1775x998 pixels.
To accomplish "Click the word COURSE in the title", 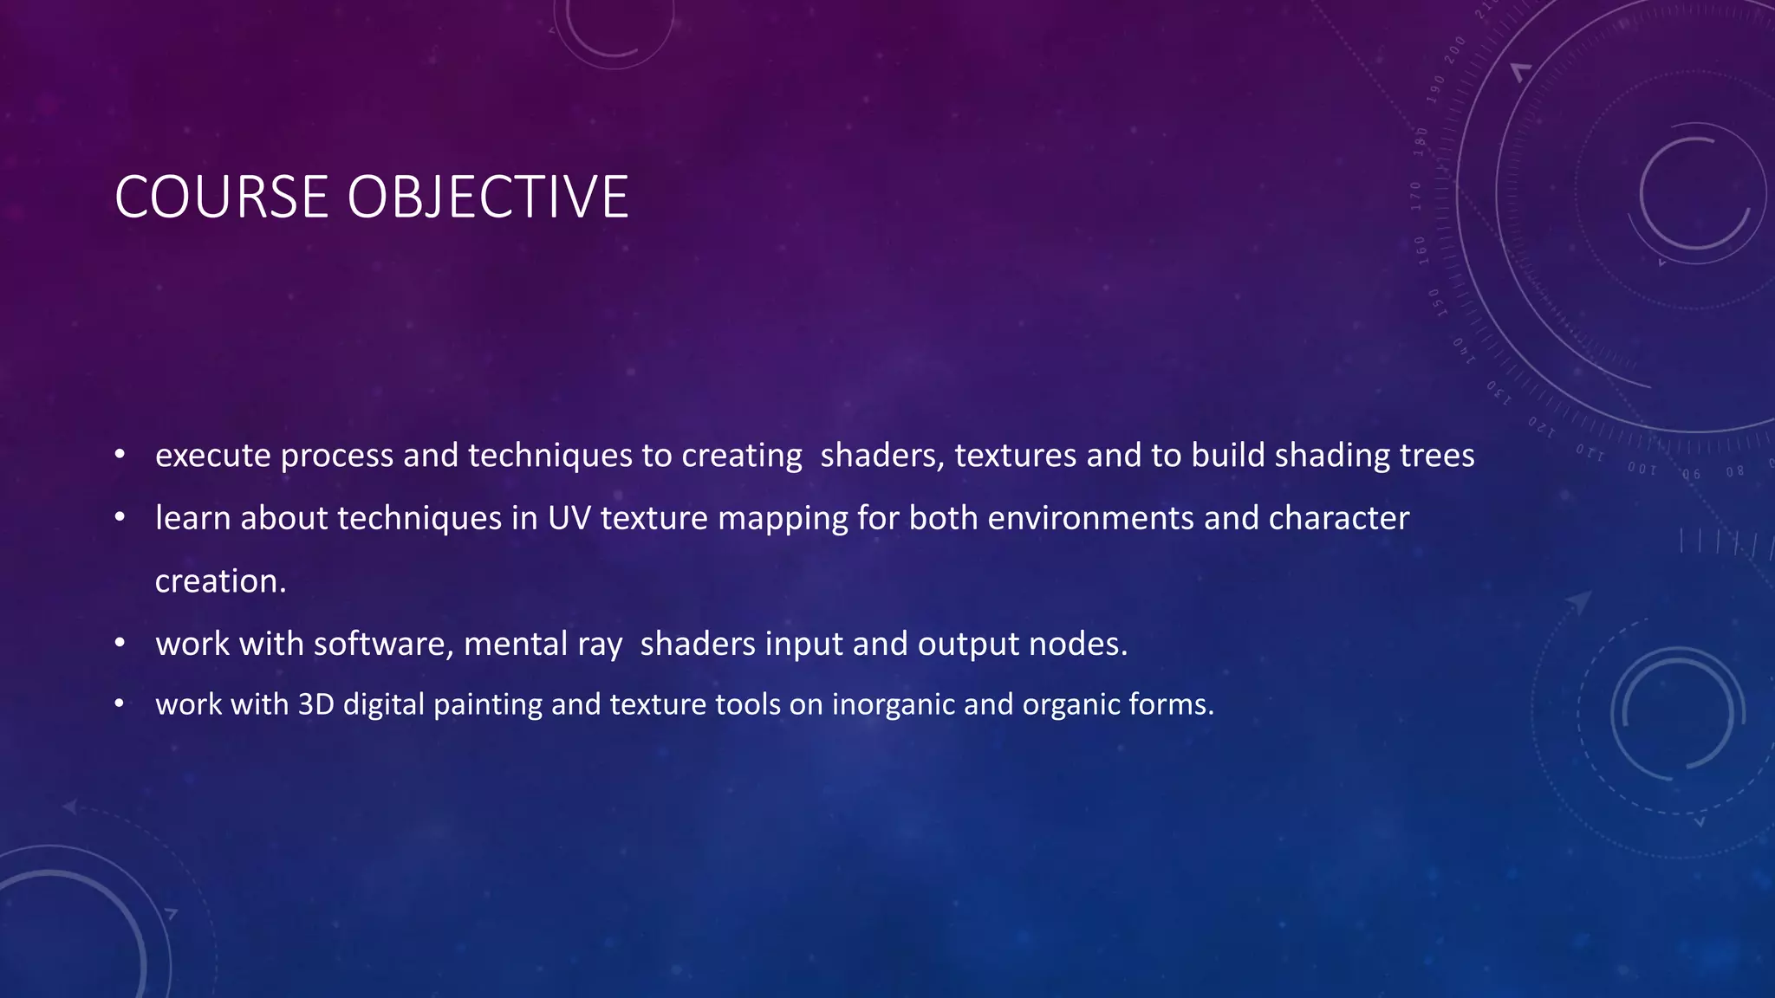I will click(221, 198).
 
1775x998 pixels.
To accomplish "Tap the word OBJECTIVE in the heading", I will click(488, 198).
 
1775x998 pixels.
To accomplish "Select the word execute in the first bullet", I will click(212, 456).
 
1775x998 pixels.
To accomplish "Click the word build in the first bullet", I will click(1227, 456).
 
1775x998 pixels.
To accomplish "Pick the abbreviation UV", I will click(569, 518).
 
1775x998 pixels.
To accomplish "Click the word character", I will click(1339, 518).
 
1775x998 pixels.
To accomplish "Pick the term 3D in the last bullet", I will click(315, 704).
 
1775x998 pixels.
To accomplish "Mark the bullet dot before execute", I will click(120, 455).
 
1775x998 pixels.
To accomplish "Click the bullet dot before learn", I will click(120, 518).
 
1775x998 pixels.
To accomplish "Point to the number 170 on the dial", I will click(1416, 197).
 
